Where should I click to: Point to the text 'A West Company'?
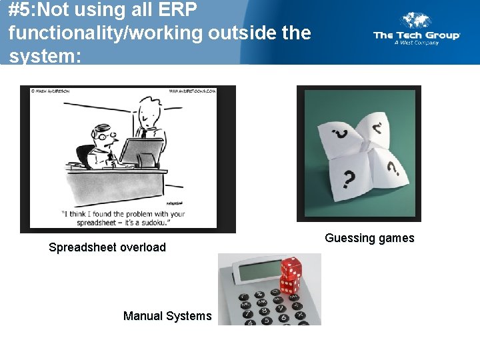(417, 43)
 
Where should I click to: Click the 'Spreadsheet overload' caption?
(107, 247)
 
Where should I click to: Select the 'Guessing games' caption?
(369, 238)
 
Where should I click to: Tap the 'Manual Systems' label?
(167, 316)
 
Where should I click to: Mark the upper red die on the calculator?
(291, 268)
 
